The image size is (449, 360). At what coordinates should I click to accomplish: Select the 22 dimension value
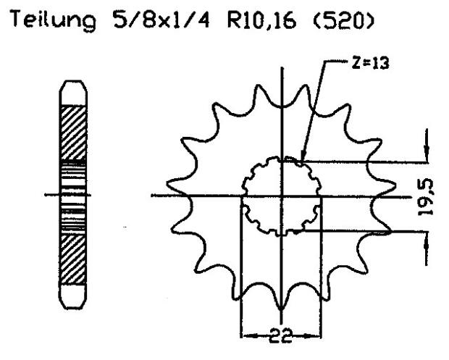coord(281,336)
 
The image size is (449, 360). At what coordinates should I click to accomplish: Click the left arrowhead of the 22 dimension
coord(245,336)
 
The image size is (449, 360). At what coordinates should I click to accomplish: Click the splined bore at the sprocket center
coord(281,196)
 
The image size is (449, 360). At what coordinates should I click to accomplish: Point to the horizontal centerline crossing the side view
coord(51,194)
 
